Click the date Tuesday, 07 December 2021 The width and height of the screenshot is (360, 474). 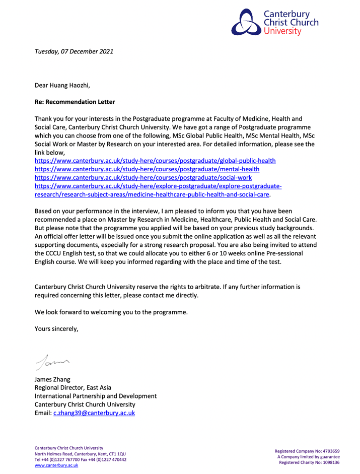coord(74,51)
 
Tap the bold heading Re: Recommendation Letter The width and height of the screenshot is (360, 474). coord(75,102)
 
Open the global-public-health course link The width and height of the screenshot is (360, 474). coord(155,161)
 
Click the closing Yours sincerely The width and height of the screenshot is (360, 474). coord(56,330)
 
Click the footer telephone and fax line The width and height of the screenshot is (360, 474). coord(80,460)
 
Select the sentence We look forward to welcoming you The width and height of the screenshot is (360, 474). coord(111,312)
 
